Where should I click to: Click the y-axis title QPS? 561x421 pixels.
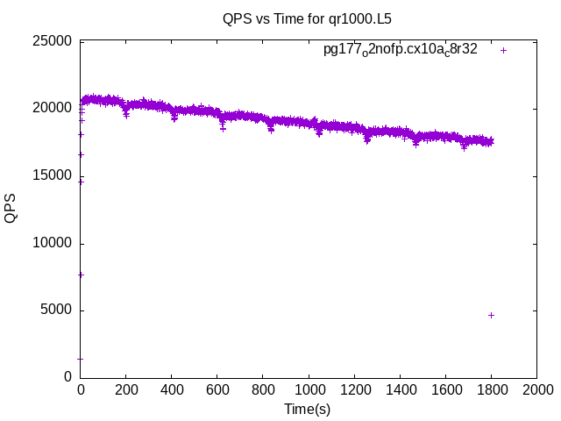pyautogui.click(x=11, y=209)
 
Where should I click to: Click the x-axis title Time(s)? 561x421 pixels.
pyautogui.click(x=307, y=409)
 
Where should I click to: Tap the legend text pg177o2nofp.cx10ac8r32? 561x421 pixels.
pyautogui.click(x=401, y=50)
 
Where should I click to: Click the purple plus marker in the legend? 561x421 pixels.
pyautogui.click(x=503, y=50)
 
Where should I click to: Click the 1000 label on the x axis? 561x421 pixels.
pyautogui.click(x=309, y=389)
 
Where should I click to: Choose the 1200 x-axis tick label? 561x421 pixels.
pyautogui.click(x=354, y=389)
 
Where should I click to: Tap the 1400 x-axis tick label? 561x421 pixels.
pyautogui.click(x=400, y=389)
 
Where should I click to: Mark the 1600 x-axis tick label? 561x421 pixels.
pyautogui.click(x=445, y=389)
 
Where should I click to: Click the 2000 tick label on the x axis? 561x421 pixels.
pyautogui.click(x=536, y=389)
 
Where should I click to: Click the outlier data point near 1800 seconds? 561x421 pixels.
pyautogui.click(x=491, y=315)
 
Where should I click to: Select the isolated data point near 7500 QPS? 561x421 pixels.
pyautogui.click(x=82, y=275)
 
